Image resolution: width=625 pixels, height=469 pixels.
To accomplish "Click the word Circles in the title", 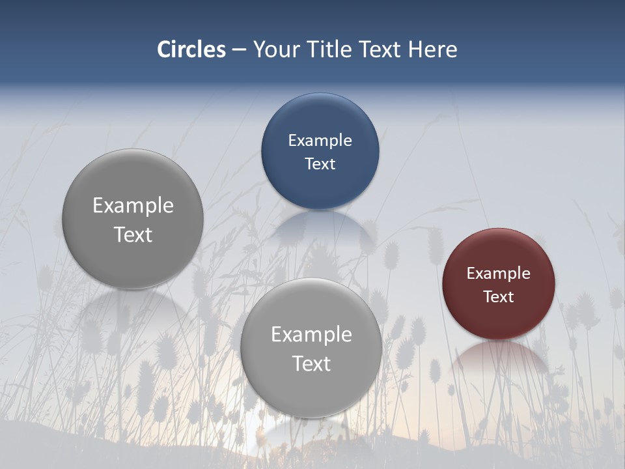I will [191, 50].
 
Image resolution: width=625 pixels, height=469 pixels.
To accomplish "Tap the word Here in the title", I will [432, 50].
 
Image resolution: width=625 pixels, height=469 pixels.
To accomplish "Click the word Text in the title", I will [381, 50].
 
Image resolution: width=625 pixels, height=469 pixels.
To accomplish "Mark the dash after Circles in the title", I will [239, 50].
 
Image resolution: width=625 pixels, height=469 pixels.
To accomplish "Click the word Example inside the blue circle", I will [320, 141].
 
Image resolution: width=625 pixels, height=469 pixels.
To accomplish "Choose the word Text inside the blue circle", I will [320, 164].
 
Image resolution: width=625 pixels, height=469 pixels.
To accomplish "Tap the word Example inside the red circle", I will [499, 274].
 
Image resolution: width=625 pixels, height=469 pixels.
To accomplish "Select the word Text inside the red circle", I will [499, 297].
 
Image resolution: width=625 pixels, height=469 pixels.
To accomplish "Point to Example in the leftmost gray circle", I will [133, 206].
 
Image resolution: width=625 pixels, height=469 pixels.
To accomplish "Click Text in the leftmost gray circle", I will [133, 235].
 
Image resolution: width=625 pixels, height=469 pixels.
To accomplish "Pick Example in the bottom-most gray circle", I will [311, 335].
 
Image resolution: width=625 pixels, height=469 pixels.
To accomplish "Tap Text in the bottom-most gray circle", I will [311, 363].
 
